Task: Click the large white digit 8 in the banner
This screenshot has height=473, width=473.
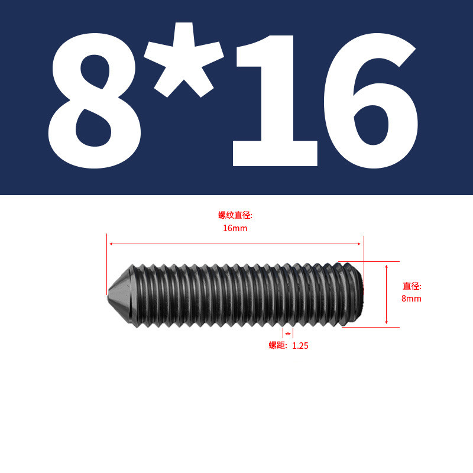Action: (x=95, y=101)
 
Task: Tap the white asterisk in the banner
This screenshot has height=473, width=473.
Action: (x=184, y=60)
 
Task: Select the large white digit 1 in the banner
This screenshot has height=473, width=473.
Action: (x=275, y=101)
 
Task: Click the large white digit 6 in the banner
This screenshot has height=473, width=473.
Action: (x=371, y=101)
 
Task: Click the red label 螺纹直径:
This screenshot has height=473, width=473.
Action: (x=235, y=215)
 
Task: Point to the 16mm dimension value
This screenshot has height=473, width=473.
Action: (x=235, y=228)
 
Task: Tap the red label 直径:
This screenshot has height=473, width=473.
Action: (x=412, y=286)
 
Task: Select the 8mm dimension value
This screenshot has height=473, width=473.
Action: (x=411, y=299)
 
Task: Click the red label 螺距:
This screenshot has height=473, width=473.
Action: (x=278, y=345)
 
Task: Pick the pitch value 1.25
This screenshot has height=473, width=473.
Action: (x=300, y=346)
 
